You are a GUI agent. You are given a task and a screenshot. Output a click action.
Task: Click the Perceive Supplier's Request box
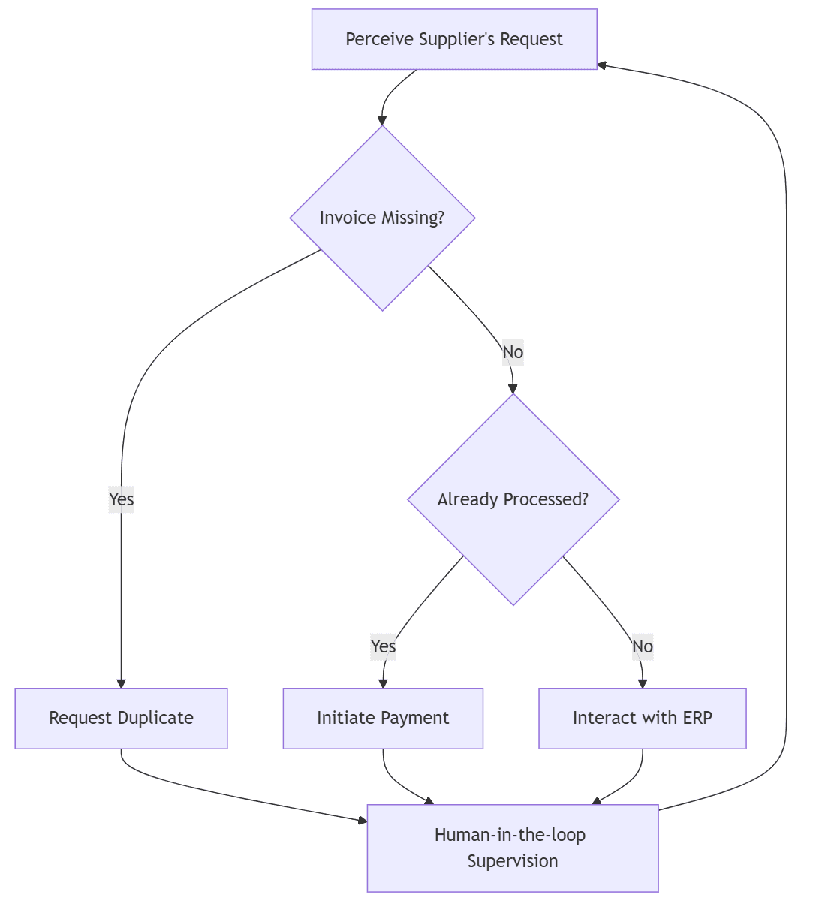pyautogui.click(x=454, y=39)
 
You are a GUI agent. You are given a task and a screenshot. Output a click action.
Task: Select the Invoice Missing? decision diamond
pyautogui.click(x=382, y=218)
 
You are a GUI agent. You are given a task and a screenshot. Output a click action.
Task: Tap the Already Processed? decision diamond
pyautogui.click(x=513, y=499)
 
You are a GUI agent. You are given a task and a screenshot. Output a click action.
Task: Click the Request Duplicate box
pyautogui.click(x=121, y=718)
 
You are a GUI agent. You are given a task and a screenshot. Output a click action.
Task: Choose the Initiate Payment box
pyautogui.click(x=383, y=718)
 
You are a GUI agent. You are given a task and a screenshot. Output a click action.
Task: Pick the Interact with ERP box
pyautogui.click(x=642, y=718)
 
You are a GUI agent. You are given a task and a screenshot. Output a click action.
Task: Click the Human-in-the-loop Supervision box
pyautogui.click(x=512, y=848)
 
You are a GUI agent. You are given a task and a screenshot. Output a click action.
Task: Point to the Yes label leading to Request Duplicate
pyautogui.click(x=121, y=499)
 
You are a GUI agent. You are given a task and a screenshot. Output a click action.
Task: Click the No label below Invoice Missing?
pyautogui.click(x=513, y=352)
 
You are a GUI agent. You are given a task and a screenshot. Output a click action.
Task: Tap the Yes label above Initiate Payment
pyautogui.click(x=383, y=646)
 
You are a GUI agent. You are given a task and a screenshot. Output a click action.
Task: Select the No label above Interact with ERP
pyautogui.click(x=643, y=646)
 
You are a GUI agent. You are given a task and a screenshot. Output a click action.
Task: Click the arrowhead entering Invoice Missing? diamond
pyautogui.click(x=382, y=120)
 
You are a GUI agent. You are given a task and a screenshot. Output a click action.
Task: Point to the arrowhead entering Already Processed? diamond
pyautogui.click(x=513, y=389)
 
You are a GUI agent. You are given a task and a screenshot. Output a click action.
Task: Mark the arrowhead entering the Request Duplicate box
pyautogui.click(x=121, y=683)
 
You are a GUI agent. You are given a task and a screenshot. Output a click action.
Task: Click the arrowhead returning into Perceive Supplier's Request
pyautogui.click(x=602, y=65)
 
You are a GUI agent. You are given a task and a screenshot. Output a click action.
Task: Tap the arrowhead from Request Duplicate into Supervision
pyautogui.click(x=363, y=821)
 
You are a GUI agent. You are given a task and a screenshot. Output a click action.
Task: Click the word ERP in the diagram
pyautogui.click(x=697, y=718)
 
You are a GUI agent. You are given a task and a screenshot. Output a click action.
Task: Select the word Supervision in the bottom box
pyautogui.click(x=512, y=861)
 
